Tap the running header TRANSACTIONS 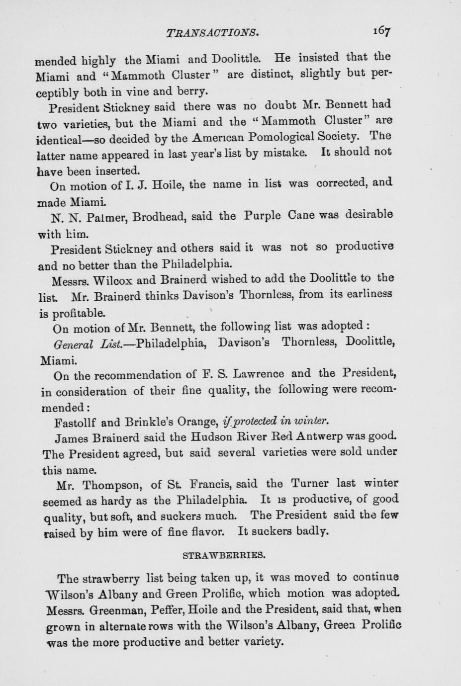[x=212, y=33]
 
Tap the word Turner [x=309, y=483]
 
